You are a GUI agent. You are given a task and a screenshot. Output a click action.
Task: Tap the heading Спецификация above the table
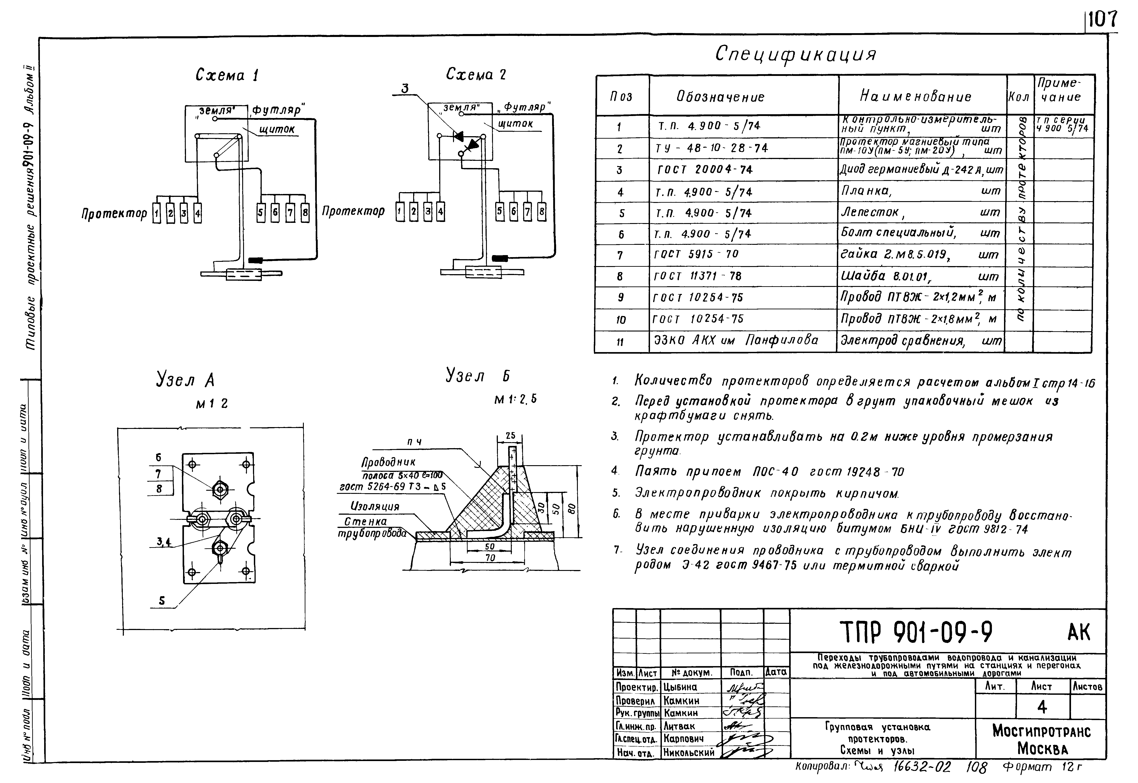pos(795,54)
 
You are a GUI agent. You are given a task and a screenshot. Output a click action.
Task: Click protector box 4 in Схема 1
pos(197,213)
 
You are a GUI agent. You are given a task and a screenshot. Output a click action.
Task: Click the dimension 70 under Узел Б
pos(490,558)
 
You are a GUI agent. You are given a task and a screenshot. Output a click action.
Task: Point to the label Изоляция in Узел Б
pos(375,506)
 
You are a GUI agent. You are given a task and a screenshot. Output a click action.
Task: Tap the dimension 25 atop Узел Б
pos(510,436)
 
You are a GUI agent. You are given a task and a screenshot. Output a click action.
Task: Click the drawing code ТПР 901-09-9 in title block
pos(916,632)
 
